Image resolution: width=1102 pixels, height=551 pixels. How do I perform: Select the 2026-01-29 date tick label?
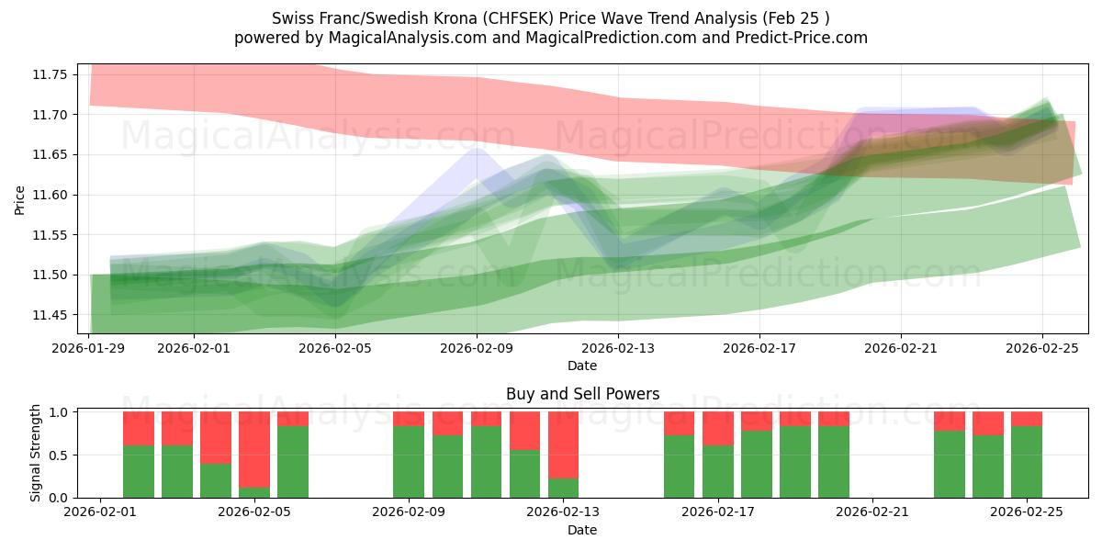(x=89, y=348)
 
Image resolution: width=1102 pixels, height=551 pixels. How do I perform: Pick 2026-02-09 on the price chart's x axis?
(x=477, y=348)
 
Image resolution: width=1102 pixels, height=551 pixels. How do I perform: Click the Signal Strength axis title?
(x=35, y=453)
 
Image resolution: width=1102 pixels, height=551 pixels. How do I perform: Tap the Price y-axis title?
(x=20, y=199)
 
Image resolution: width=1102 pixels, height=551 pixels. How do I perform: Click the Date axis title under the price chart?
(x=582, y=365)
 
